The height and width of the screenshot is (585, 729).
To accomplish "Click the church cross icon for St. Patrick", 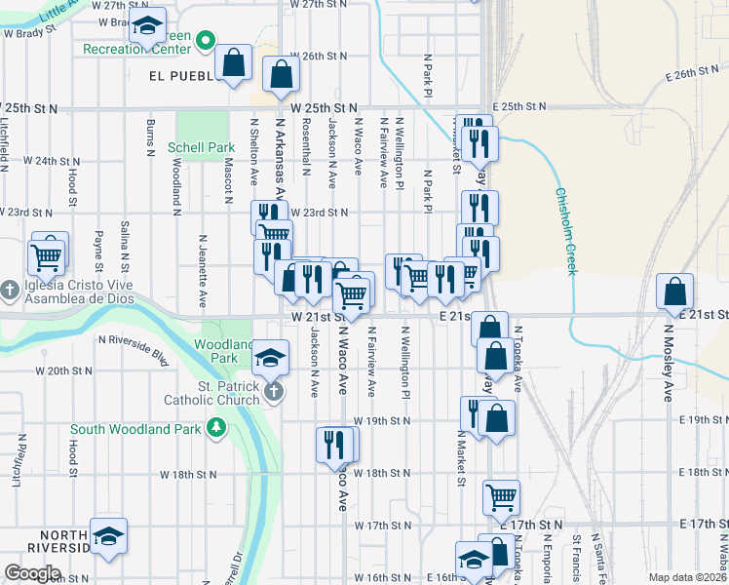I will [x=275, y=392].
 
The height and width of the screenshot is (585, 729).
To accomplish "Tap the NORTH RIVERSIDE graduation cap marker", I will [x=109, y=536].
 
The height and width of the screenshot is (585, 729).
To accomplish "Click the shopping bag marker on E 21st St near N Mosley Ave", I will [x=674, y=292].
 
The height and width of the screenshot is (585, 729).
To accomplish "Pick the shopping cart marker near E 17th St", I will [x=501, y=497].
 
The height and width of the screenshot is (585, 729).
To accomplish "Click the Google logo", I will [x=33, y=573].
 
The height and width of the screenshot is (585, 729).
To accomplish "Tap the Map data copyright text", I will [x=687, y=577].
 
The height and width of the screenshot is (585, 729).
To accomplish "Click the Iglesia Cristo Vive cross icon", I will [x=10, y=290].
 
